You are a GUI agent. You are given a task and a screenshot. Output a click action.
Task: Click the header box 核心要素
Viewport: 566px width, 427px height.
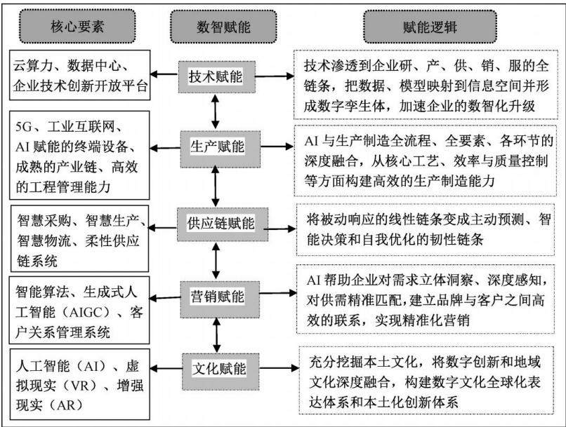(x=77, y=27)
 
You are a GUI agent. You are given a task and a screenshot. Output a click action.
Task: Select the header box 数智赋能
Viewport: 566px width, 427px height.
(x=223, y=27)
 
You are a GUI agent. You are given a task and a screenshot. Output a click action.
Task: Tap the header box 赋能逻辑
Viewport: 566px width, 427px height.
(x=430, y=27)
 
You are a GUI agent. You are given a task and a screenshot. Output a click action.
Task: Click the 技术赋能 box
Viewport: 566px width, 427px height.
(x=216, y=76)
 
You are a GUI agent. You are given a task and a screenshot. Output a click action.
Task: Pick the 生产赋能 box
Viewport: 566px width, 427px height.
(x=221, y=149)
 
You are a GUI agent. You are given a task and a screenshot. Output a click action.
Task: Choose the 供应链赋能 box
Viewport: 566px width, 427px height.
(x=223, y=224)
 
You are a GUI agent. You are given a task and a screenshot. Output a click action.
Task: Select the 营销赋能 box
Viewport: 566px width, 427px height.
(x=220, y=299)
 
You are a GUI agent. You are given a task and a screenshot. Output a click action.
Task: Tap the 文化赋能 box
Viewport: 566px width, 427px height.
(x=221, y=371)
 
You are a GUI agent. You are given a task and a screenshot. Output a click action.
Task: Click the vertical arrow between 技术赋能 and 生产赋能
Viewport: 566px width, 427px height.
(x=216, y=112)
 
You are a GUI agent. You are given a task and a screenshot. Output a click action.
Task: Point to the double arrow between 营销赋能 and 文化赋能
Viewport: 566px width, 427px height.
(x=216, y=335)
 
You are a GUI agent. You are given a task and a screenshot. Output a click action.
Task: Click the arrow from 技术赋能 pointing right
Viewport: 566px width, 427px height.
(x=275, y=76)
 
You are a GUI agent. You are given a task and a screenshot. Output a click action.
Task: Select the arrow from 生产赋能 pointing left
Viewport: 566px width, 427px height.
(x=165, y=148)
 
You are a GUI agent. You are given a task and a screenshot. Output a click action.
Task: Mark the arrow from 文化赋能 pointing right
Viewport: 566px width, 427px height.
(x=279, y=368)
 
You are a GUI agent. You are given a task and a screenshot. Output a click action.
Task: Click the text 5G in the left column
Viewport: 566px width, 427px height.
(x=24, y=127)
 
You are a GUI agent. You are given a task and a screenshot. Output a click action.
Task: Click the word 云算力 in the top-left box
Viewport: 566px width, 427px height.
(x=33, y=66)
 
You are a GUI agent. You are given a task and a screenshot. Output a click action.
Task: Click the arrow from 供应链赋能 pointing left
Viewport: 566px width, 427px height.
(x=162, y=228)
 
